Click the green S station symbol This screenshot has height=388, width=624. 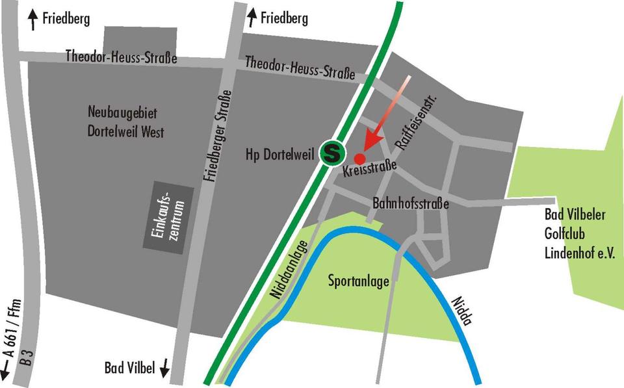(x=333, y=153)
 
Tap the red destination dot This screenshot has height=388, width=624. (x=359, y=158)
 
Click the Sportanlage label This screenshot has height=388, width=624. (x=359, y=281)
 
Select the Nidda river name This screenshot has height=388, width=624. (x=460, y=311)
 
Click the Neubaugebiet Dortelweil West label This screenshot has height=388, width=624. (x=126, y=122)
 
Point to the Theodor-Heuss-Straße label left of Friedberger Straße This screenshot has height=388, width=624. (x=122, y=57)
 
